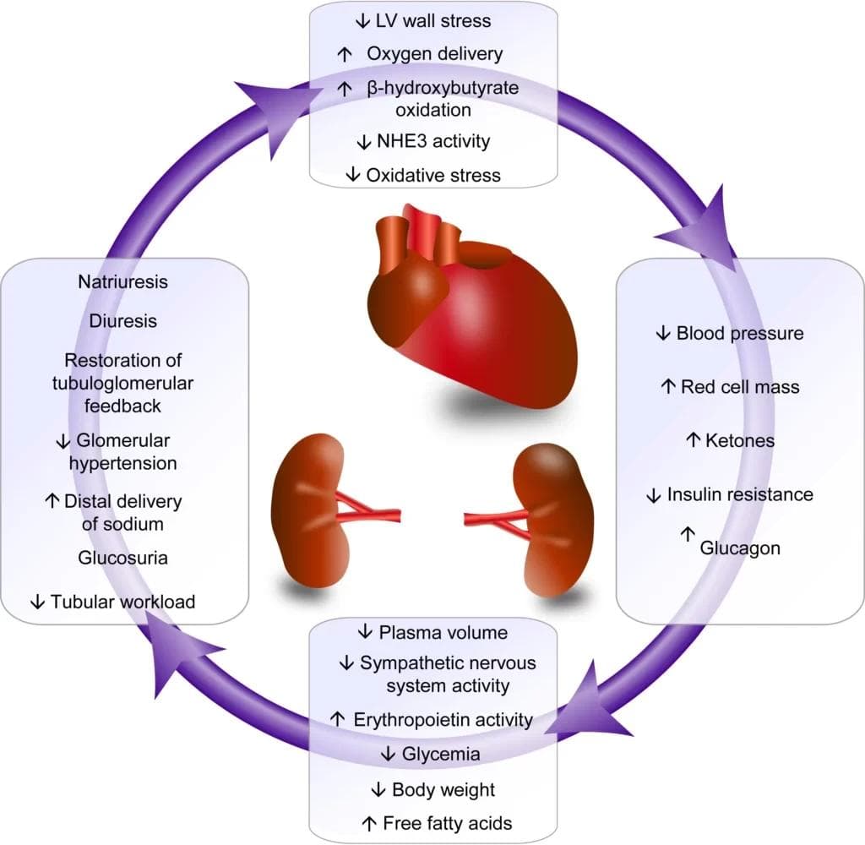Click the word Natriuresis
click(123, 282)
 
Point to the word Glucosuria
click(123, 558)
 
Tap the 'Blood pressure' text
click(740, 333)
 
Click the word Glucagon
click(740, 548)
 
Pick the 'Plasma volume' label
click(443, 632)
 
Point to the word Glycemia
click(431, 753)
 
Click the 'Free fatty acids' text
click(448, 822)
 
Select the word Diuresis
click(123, 321)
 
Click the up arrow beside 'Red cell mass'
click(667, 387)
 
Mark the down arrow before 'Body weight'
click(378, 789)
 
